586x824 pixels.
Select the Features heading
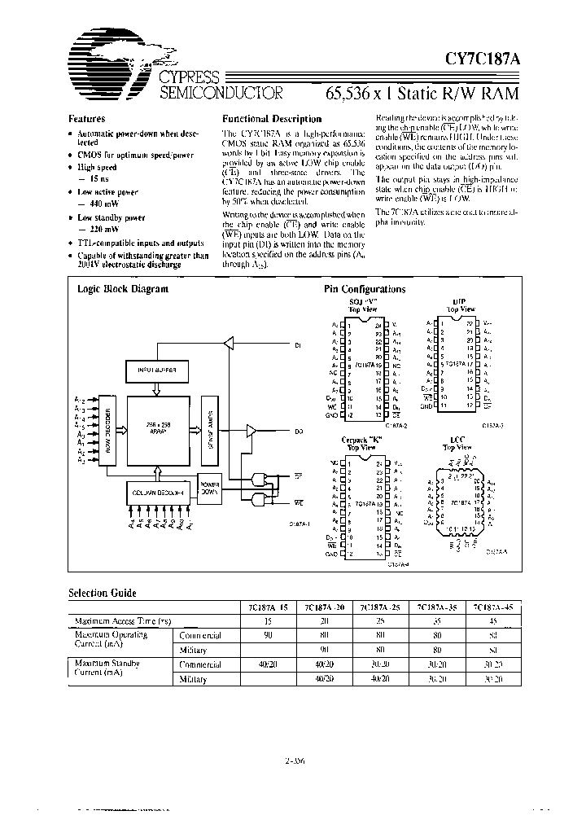[x=86, y=118]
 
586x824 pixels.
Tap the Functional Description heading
[x=272, y=119]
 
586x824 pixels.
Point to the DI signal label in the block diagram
[x=298, y=345]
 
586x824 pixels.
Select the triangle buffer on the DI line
[x=229, y=345]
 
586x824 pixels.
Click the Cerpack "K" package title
[x=363, y=441]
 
